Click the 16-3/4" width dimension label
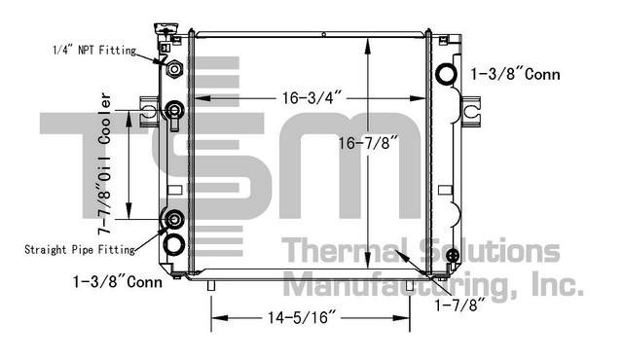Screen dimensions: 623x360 click(x=311, y=97)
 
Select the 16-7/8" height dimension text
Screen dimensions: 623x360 click(x=368, y=143)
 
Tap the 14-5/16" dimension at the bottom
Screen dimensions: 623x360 click(x=302, y=317)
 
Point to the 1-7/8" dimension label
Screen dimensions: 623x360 click(x=460, y=305)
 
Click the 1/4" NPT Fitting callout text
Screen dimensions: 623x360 click(x=94, y=51)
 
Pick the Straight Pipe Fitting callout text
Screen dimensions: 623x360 click(x=80, y=250)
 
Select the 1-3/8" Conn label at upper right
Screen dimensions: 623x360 click(x=515, y=74)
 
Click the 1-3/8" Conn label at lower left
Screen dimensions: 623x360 click(x=118, y=282)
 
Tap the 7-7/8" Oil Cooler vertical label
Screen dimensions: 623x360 click(x=105, y=163)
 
